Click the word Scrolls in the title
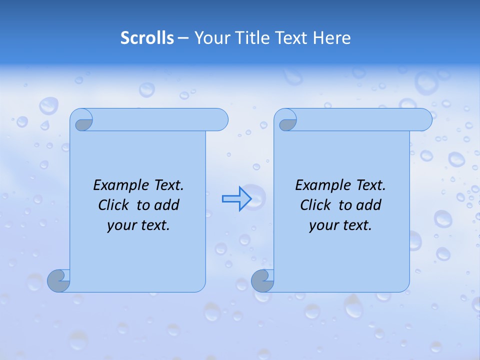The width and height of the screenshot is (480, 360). [147, 38]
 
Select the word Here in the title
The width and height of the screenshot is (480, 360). [332, 38]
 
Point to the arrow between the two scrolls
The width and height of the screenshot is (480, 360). [236, 199]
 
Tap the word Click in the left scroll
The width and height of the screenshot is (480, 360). [115, 205]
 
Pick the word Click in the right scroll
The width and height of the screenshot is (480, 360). [317, 205]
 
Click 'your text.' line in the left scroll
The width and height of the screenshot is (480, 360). [138, 225]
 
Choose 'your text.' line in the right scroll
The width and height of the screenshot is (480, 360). [340, 225]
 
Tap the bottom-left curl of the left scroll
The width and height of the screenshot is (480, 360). [59, 281]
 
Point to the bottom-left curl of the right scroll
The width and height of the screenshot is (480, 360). [263, 281]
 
